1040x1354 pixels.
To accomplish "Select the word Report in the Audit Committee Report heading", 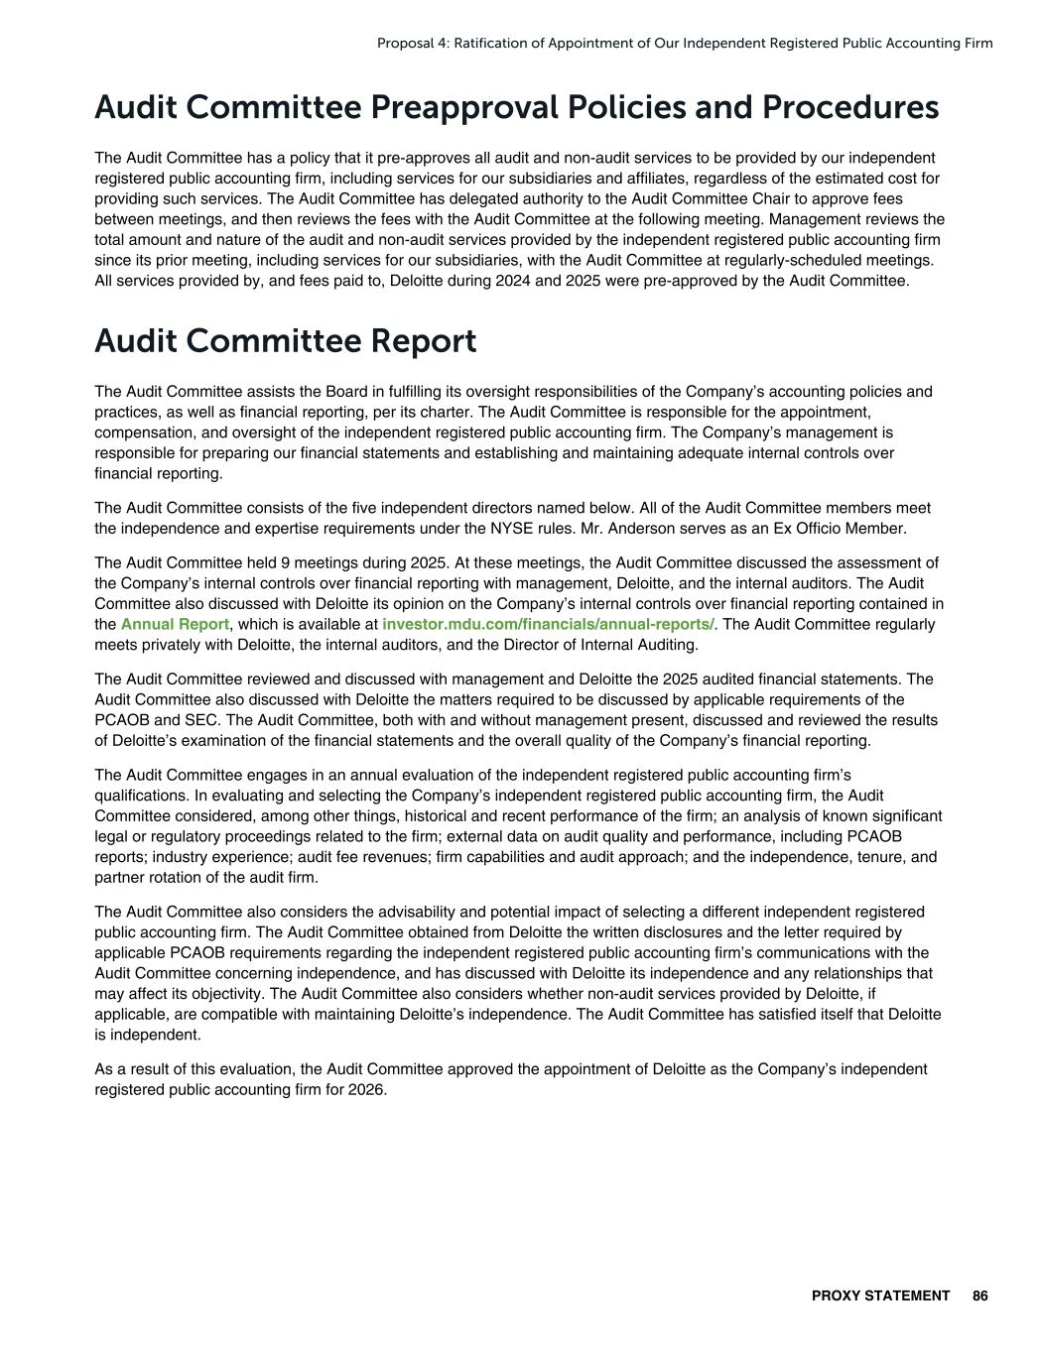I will click(424, 341).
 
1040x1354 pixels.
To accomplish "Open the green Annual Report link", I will click(175, 625).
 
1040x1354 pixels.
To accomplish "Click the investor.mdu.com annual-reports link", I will click(548, 625).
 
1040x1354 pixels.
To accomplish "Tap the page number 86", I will click(980, 1295).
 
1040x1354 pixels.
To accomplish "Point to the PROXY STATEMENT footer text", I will click(880, 1295).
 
